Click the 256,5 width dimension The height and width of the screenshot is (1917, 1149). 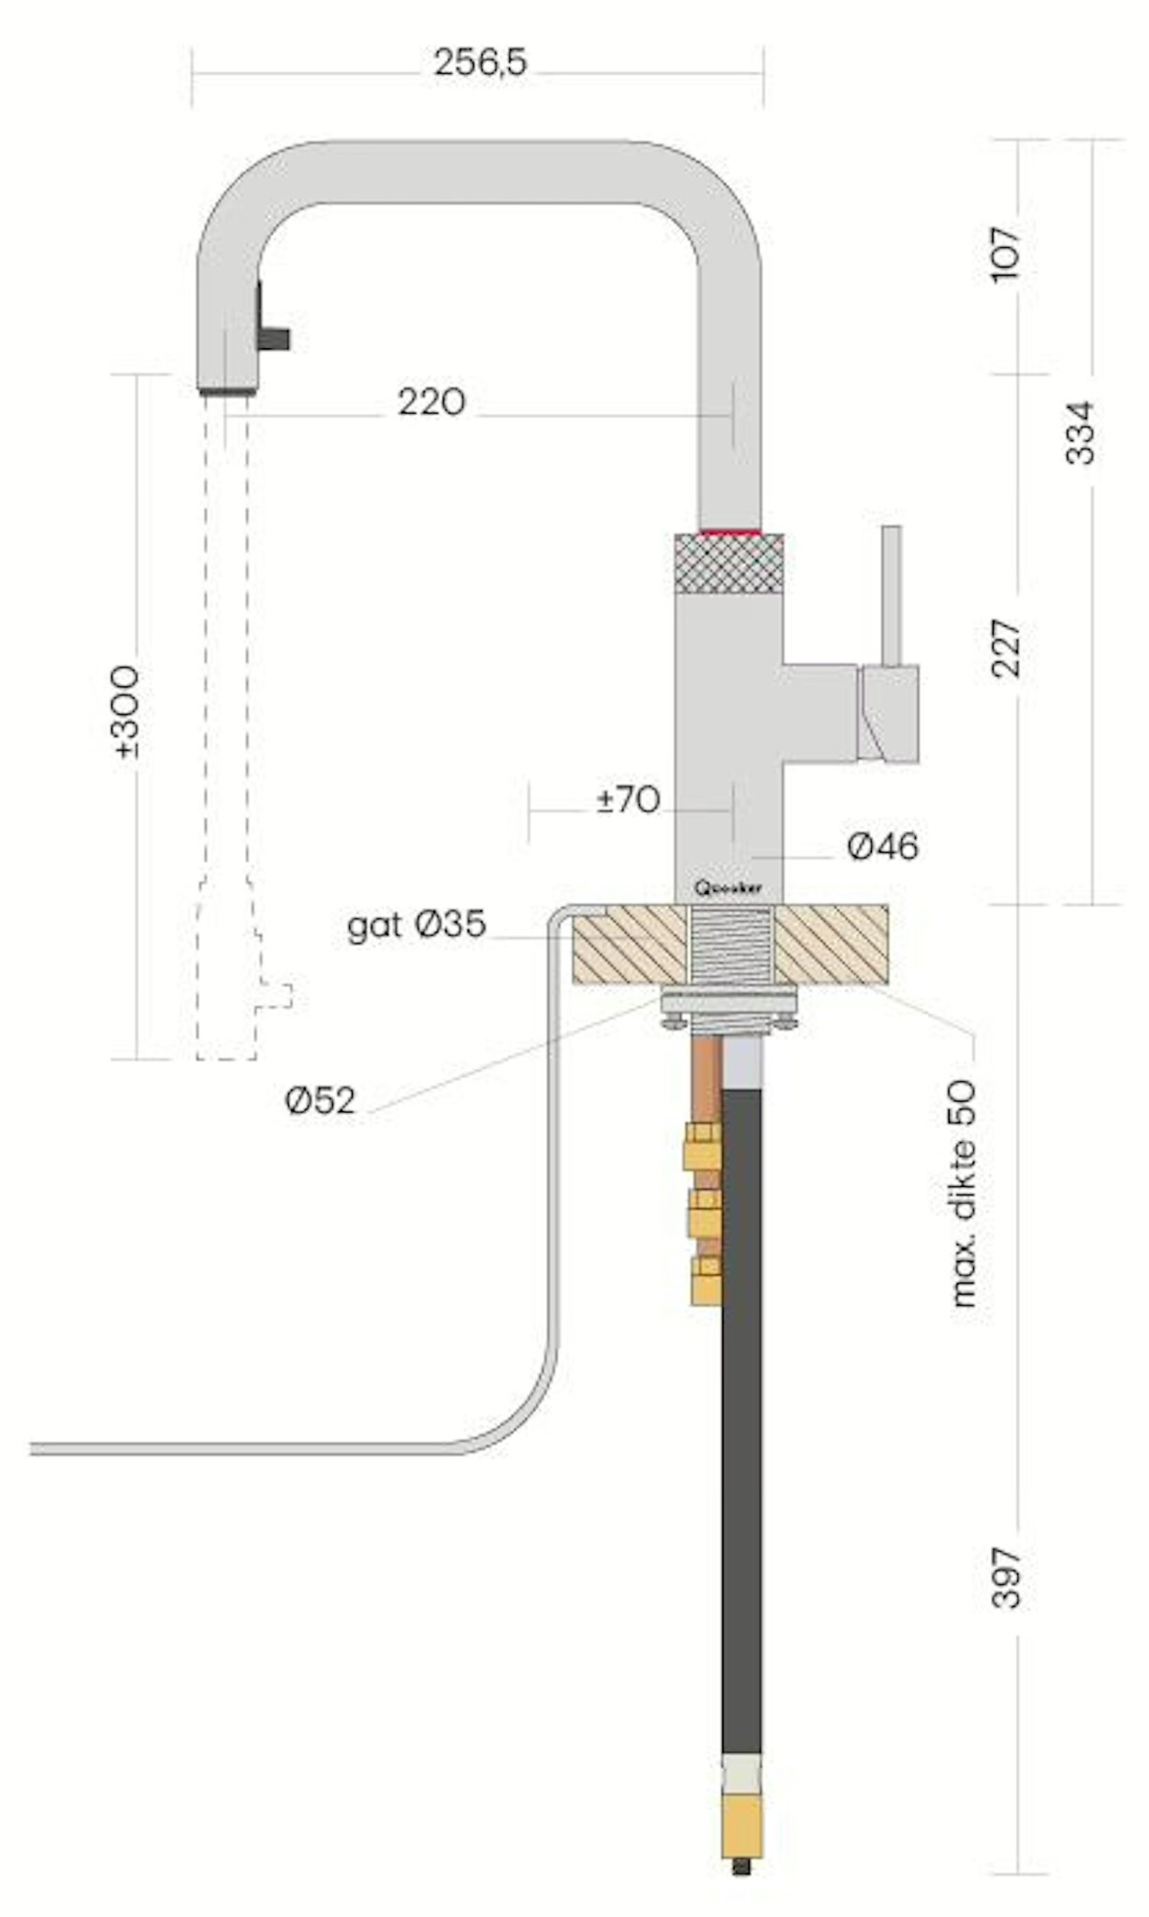coord(480,64)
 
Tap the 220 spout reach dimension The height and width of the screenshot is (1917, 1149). coord(431,402)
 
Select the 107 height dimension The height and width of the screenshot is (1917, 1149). coord(1007,253)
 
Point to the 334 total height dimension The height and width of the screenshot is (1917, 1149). coord(1080,432)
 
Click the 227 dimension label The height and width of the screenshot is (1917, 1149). coord(1007,648)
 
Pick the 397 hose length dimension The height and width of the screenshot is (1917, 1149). coord(1007,1577)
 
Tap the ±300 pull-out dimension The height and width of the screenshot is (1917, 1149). coord(125,711)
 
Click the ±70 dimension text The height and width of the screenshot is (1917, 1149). coord(629,800)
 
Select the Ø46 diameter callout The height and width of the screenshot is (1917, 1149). coord(882,847)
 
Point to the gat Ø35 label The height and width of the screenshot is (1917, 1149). coord(416,926)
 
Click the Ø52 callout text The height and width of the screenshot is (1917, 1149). coord(321,1102)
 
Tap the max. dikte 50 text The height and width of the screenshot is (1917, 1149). coord(963,1193)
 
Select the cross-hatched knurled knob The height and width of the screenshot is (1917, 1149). coord(729,563)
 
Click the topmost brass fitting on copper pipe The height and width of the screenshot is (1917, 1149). coord(701,1147)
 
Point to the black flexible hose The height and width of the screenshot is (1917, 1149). coord(741,1404)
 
